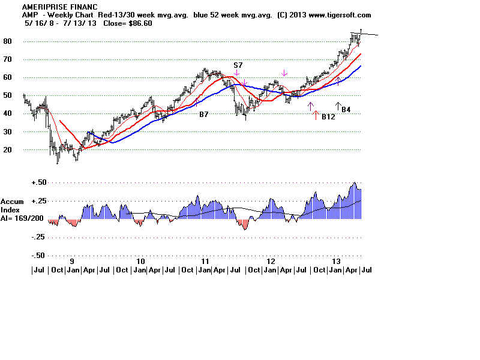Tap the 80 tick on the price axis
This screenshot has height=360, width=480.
coord(25,41)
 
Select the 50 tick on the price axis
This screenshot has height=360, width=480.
coord(25,95)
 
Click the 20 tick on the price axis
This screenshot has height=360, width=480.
coord(25,150)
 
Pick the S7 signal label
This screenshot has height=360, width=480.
coord(238,65)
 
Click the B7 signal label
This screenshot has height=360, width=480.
coord(205,113)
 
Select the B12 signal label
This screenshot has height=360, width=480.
coord(328,116)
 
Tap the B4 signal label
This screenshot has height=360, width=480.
coord(346,110)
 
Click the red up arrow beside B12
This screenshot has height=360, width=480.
coord(316,116)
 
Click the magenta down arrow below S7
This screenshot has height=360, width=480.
coord(238,73)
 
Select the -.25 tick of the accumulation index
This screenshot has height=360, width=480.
coord(38,237)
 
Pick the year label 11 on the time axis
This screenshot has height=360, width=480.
coord(205,262)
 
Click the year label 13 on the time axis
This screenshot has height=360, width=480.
coord(337,262)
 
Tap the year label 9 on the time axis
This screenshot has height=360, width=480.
coord(73,262)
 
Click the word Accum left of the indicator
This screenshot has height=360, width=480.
coord(11,202)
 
